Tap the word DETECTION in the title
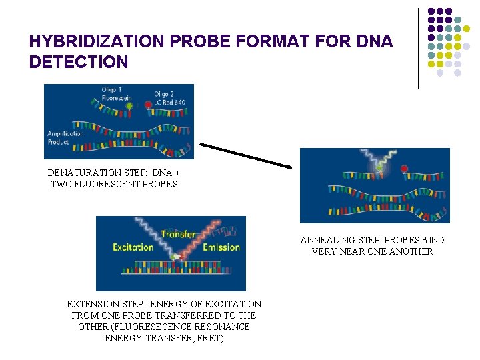click(79, 63)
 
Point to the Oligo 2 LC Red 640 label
click(169, 98)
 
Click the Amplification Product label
click(65, 137)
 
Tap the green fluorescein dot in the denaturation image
click(129, 105)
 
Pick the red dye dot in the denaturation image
click(148, 105)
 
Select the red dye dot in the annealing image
click(403, 169)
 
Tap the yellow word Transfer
click(178, 234)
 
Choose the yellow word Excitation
click(133, 247)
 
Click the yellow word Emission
click(221, 247)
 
